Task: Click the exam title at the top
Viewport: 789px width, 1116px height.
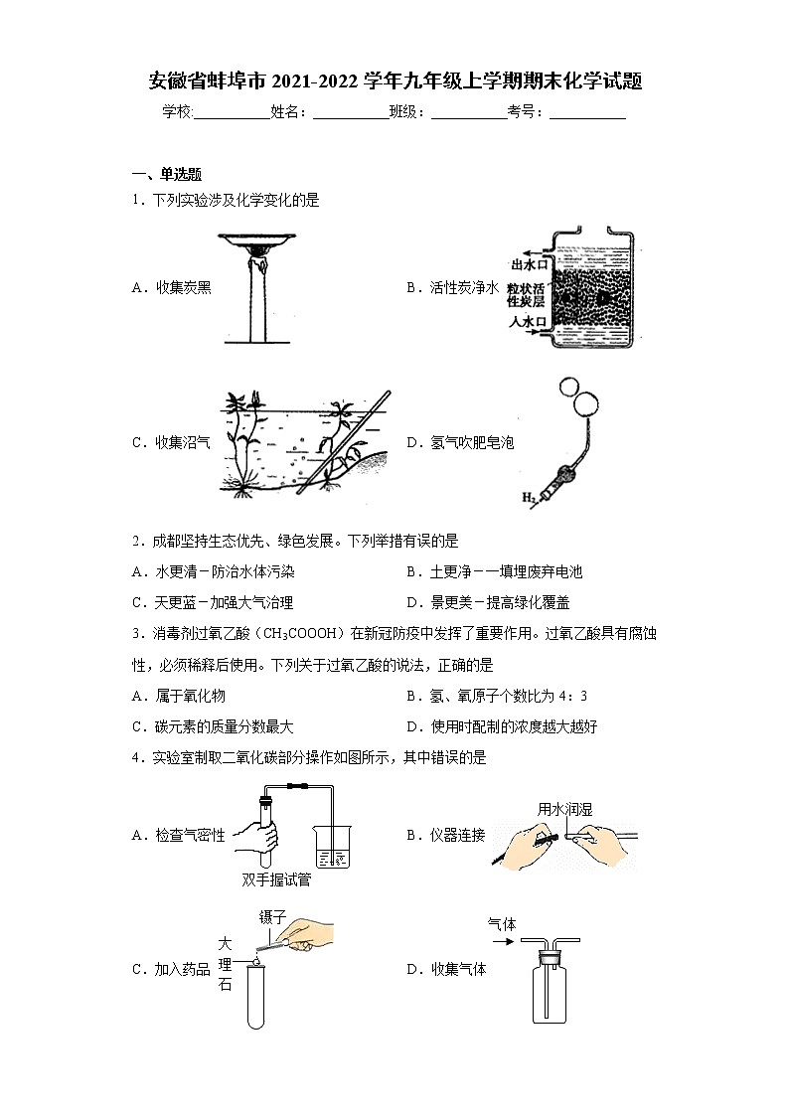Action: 394,81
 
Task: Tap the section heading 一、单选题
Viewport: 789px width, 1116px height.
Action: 167,174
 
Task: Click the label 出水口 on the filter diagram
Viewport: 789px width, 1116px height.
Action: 529,264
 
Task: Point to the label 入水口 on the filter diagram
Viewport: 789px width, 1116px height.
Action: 528,321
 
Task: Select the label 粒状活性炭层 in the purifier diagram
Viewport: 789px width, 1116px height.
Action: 526,293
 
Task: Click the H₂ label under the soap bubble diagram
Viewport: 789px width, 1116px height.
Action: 529,497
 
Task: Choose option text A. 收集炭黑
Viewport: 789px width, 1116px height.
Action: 172,287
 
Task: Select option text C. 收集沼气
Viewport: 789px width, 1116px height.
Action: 172,443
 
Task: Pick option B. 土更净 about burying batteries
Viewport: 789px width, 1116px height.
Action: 494,571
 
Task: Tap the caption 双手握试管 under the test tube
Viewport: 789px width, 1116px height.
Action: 275,879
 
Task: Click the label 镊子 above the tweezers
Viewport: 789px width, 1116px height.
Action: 272,915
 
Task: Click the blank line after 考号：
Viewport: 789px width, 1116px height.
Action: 587,112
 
